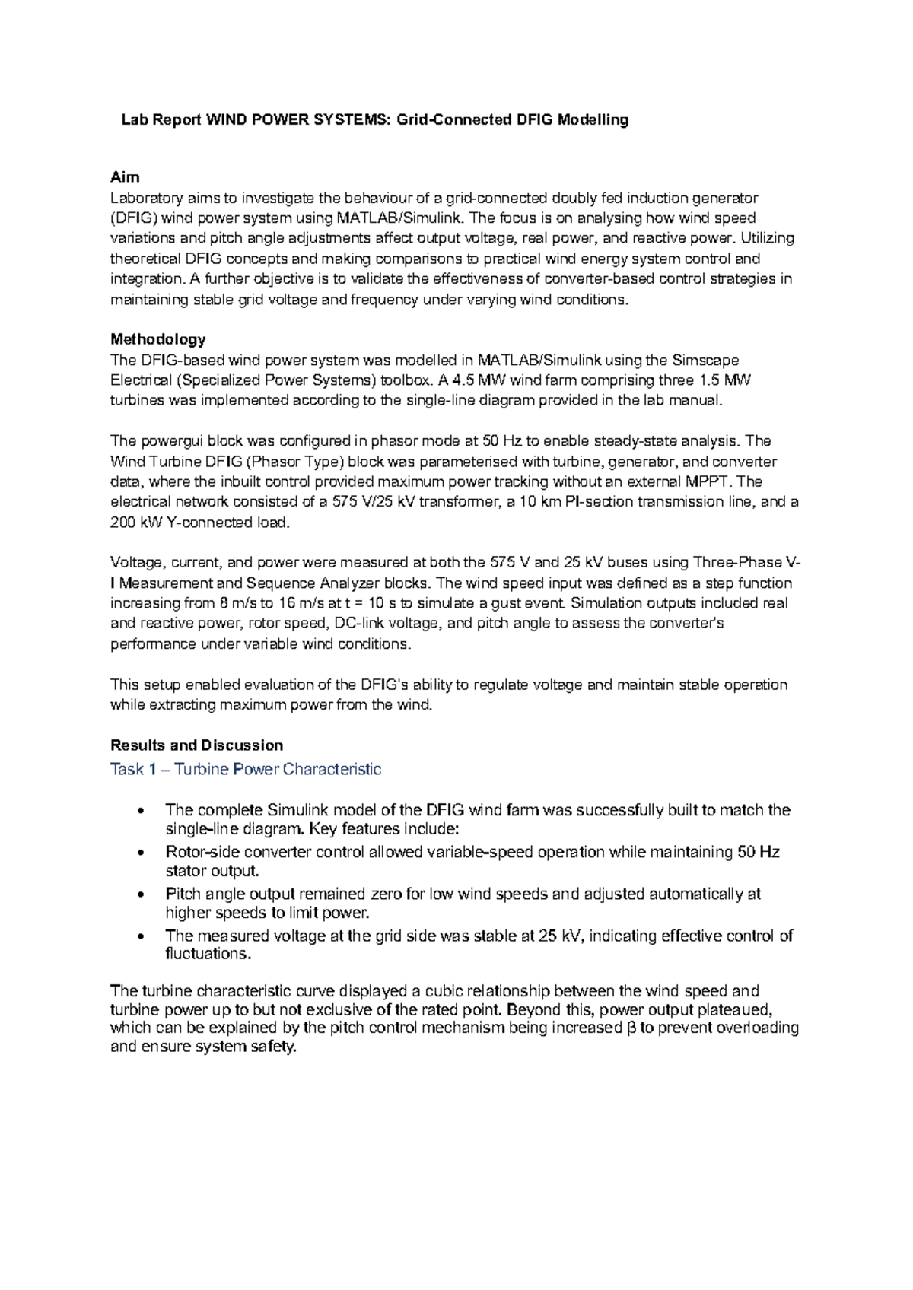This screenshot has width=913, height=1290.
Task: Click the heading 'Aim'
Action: pos(125,177)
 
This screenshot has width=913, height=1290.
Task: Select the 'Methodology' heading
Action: pos(158,339)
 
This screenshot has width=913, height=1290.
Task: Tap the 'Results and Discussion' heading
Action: pos(196,745)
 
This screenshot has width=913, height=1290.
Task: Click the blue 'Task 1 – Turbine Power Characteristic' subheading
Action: pos(246,770)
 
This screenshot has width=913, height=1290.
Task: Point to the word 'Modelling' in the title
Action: pos(593,119)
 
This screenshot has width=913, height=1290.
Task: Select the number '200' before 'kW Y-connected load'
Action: pos(123,523)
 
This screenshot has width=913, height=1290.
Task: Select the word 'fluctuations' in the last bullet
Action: pos(207,954)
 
